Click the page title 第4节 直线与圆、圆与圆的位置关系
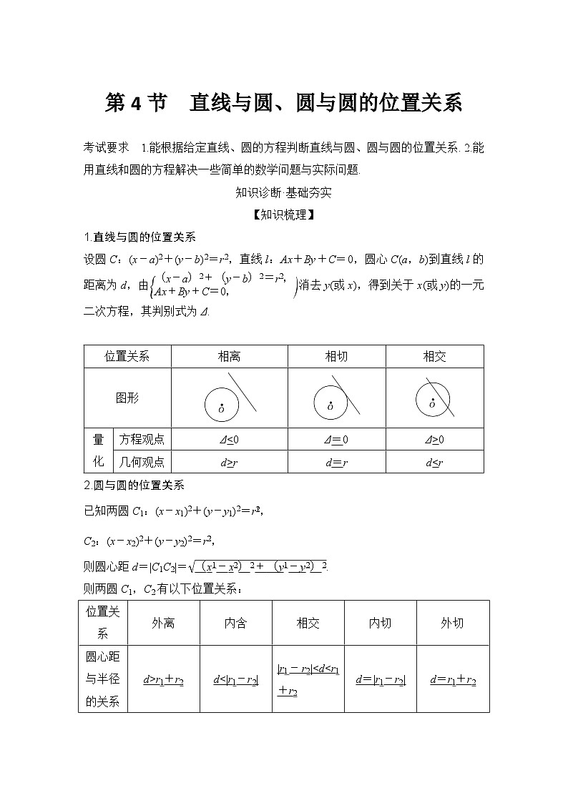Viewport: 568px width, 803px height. (x=283, y=103)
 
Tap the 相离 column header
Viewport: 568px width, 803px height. (x=229, y=357)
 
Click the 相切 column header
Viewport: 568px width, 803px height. (x=336, y=357)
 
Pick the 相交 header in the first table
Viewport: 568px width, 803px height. (x=434, y=357)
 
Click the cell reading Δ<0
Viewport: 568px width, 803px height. (x=229, y=440)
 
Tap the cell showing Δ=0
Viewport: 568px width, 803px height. (x=336, y=440)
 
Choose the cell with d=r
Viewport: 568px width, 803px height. (x=336, y=462)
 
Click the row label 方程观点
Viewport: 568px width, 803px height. (x=142, y=440)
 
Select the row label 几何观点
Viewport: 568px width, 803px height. (x=142, y=462)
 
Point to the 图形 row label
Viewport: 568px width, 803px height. (x=127, y=398)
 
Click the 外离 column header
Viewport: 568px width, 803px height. (x=163, y=623)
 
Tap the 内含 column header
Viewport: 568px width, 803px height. (x=235, y=623)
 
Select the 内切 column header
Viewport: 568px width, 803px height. (x=380, y=623)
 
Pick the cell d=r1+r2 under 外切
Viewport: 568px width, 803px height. (x=453, y=680)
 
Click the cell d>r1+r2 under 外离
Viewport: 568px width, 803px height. (x=163, y=680)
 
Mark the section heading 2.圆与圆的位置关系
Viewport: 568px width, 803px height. (x=134, y=485)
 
